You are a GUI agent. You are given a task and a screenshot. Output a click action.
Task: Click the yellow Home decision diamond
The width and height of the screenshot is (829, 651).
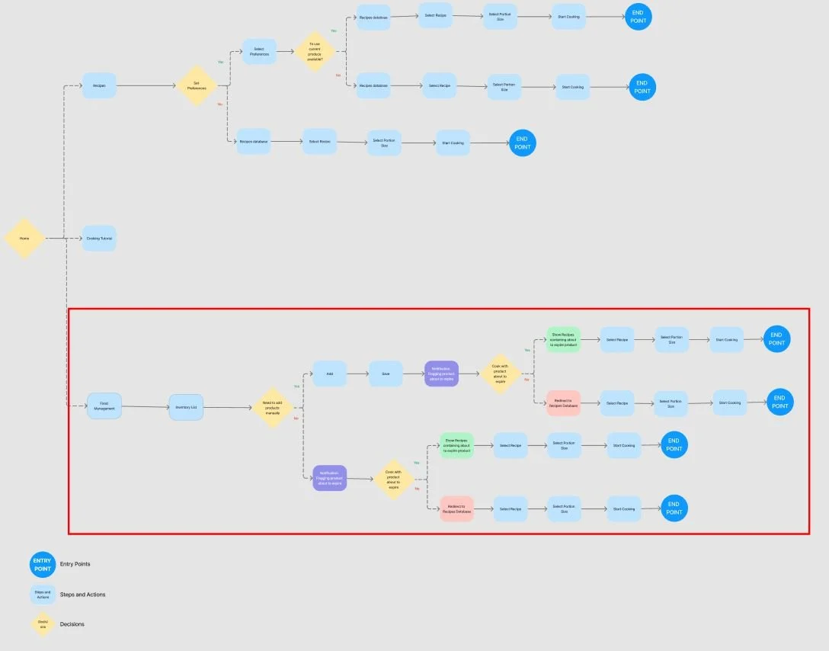(x=24, y=239)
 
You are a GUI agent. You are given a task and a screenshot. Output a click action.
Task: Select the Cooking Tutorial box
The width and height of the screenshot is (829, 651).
(x=99, y=239)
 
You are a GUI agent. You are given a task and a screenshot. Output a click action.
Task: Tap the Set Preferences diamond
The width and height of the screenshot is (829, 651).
(x=197, y=86)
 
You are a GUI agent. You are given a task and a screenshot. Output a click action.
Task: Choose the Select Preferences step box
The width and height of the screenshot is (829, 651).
(x=259, y=52)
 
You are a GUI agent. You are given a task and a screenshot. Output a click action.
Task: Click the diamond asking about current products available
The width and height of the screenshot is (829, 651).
(x=315, y=52)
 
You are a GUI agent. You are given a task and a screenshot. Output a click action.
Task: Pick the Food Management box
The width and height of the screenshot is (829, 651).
(x=104, y=406)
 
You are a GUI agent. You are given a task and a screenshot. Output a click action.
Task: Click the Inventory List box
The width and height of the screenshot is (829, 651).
(x=186, y=407)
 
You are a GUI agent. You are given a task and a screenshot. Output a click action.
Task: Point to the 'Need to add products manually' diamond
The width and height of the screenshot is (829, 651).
(x=272, y=407)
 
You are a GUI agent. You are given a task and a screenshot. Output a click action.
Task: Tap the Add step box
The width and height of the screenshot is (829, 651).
(x=329, y=374)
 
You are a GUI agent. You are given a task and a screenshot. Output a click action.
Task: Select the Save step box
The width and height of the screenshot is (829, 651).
(x=386, y=374)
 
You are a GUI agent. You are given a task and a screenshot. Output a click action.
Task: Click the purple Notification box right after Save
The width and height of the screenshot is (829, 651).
(x=441, y=374)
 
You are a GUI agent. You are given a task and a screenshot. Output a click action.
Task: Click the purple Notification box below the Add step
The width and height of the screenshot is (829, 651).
(x=329, y=478)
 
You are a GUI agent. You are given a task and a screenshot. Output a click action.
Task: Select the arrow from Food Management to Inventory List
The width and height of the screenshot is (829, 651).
(x=145, y=407)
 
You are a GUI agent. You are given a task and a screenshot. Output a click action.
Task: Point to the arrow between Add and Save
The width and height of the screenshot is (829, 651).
(x=357, y=374)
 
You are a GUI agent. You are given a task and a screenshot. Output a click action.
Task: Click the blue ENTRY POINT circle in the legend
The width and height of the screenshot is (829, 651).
(x=43, y=564)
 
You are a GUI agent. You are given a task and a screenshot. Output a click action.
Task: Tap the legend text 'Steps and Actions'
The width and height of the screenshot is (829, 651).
(x=82, y=595)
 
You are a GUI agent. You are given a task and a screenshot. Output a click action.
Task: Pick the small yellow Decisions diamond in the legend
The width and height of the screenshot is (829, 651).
(x=43, y=624)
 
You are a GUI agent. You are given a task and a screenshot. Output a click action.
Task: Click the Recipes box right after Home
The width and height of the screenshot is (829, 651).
(x=99, y=85)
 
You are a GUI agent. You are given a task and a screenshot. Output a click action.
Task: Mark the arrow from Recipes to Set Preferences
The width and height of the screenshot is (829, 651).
(x=146, y=86)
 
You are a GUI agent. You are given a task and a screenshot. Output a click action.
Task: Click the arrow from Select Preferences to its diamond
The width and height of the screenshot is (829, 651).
(x=286, y=52)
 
